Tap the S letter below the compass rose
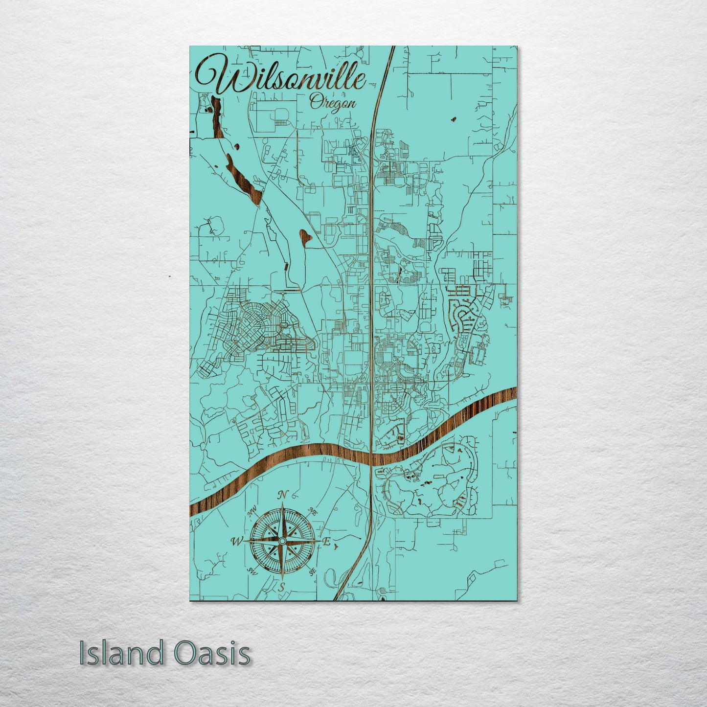[x=281, y=588]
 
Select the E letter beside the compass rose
[x=327, y=542]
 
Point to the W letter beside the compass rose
[x=236, y=541]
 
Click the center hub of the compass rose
[x=282, y=541]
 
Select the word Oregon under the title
[x=333, y=103]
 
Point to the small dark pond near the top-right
[x=453, y=118]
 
